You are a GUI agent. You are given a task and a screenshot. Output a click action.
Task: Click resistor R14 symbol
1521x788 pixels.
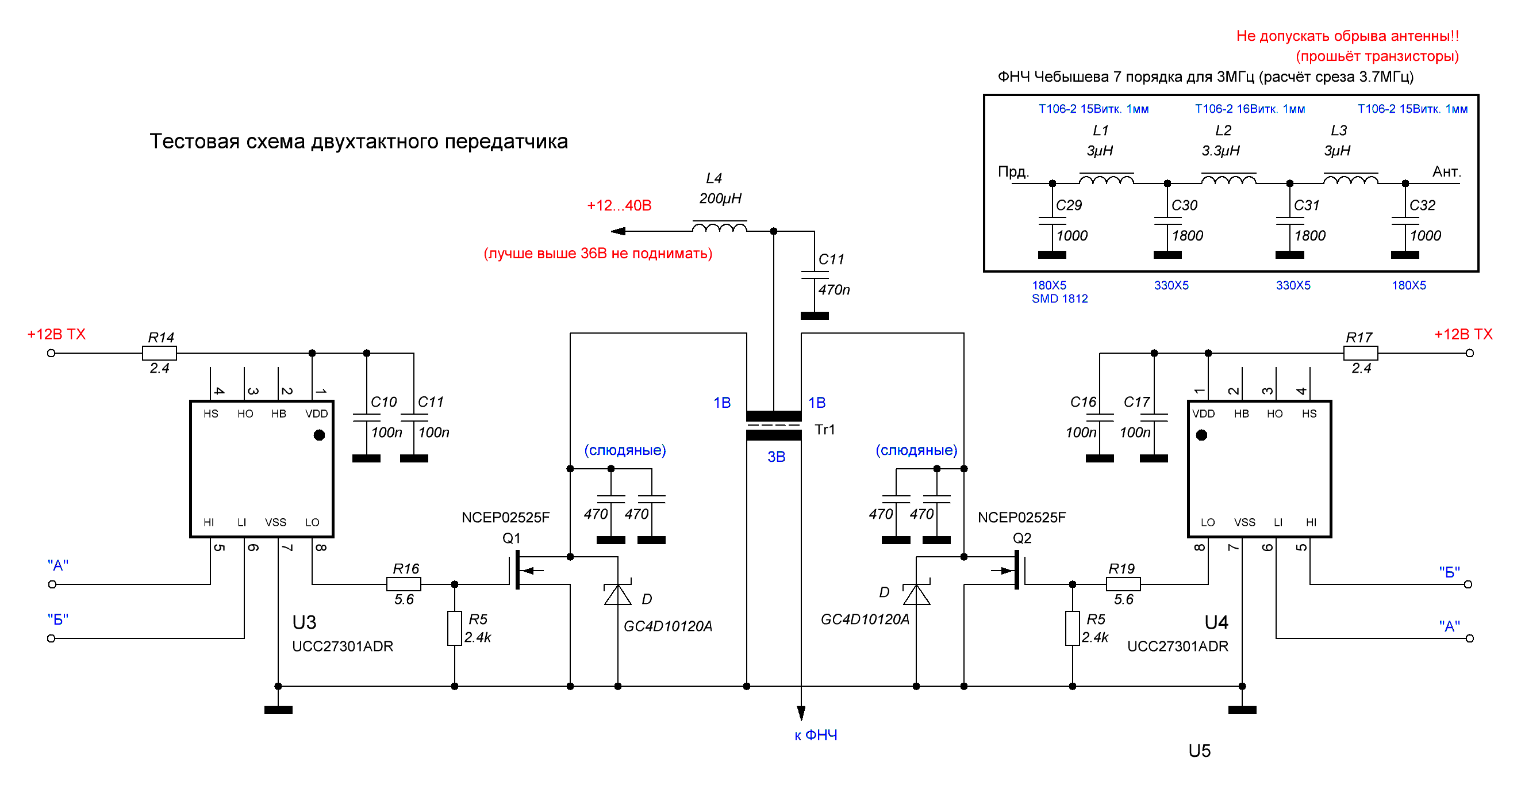point(159,353)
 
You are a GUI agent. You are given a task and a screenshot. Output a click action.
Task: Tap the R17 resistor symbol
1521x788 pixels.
point(1361,353)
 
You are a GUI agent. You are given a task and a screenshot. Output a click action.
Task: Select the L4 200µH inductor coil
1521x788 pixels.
point(719,228)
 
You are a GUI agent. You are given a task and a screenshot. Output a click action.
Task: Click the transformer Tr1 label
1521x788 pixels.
point(825,430)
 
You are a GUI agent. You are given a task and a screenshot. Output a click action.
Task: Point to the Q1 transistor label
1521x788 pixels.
point(512,538)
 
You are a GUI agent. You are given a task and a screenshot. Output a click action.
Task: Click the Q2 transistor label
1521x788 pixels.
point(1022,538)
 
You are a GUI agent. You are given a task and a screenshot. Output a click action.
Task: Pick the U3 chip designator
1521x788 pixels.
point(304,622)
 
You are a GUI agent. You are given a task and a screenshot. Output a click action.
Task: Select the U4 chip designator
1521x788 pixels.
point(1216,622)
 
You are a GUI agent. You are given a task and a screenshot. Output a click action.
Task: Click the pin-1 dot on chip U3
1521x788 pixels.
point(320,435)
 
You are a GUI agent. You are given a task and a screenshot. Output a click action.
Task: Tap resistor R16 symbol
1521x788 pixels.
point(404,584)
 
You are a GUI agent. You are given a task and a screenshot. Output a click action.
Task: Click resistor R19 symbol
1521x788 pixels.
point(1123,584)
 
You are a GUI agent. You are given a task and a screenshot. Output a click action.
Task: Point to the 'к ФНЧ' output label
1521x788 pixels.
point(816,736)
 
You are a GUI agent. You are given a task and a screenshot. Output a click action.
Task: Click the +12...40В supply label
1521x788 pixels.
point(619,205)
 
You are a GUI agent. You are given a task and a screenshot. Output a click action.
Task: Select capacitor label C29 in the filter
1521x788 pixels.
point(1069,205)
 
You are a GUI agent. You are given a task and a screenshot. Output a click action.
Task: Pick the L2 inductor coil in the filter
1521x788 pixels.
point(1229,179)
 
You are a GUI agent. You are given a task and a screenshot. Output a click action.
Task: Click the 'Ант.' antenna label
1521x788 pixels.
point(1447,172)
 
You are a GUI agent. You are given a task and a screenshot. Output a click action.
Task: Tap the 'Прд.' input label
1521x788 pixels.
point(1013,172)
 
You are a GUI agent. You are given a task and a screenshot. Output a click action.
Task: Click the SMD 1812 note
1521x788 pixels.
point(1060,299)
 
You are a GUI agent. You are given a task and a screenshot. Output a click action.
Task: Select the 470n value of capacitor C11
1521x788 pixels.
point(834,289)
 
